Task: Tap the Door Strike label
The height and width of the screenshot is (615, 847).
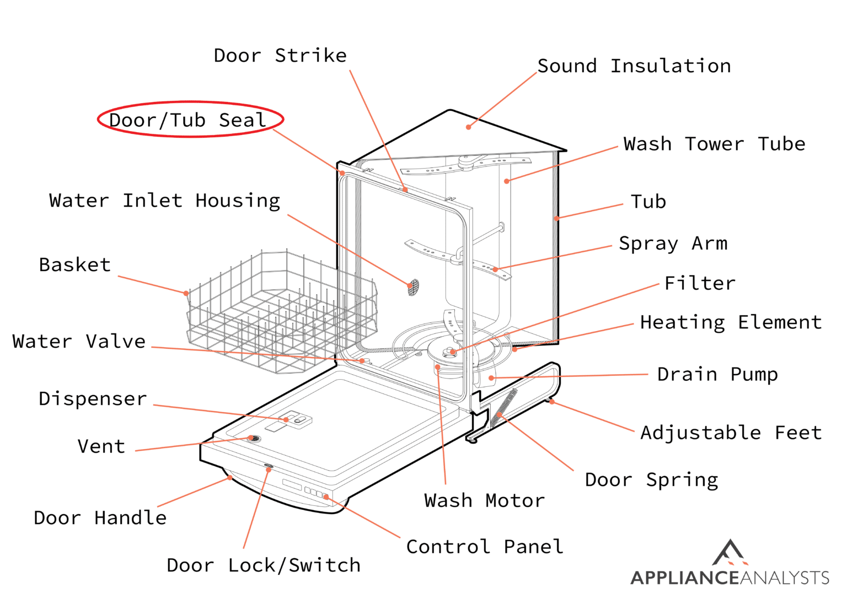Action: pyautogui.click(x=280, y=56)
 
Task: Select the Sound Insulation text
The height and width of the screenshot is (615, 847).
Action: pyautogui.click(x=634, y=66)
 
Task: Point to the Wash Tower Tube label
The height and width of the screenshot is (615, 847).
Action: pyautogui.click(x=714, y=144)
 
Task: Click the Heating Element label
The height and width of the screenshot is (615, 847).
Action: pyautogui.click(x=731, y=322)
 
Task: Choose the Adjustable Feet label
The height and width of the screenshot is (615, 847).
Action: pyautogui.click(x=731, y=433)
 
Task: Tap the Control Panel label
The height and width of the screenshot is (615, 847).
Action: pyautogui.click(x=485, y=547)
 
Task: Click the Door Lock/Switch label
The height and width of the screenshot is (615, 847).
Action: pyautogui.click(x=264, y=565)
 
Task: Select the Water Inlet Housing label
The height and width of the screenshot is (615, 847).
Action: pyautogui.click(x=164, y=201)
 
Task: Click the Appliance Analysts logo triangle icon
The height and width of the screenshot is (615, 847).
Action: pyautogui.click(x=730, y=553)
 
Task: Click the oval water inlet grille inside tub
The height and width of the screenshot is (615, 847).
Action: pyautogui.click(x=413, y=287)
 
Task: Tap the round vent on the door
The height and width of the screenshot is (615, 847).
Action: pyautogui.click(x=253, y=439)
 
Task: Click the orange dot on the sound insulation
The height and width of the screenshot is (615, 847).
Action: pyautogui.click(x=468, y=127)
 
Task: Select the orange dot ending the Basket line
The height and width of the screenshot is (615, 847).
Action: pyautogui.click(x=186, y=293)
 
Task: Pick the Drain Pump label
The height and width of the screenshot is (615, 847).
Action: pyautogui.click(x=717, y=375)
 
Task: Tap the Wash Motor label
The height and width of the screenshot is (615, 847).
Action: pyautogui.click(x=484, y=501)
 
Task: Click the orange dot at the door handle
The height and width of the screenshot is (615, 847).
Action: pyautogui.click(x=230, y=478)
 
